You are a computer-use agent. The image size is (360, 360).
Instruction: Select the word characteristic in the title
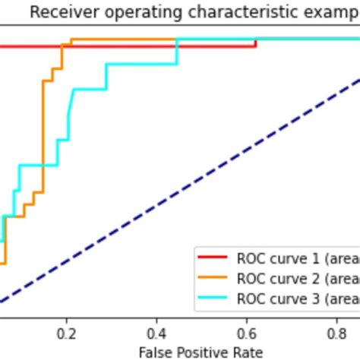214,12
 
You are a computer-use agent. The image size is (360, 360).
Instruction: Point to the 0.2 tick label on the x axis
67,333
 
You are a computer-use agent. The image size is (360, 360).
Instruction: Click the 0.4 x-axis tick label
156,333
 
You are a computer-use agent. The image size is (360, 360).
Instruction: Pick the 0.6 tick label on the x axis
247,333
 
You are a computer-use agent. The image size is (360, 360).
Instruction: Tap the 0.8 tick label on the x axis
336,333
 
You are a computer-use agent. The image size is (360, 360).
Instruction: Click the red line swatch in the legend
213,257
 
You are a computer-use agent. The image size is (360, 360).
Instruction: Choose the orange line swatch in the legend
213,278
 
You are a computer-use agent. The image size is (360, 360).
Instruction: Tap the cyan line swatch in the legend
213,299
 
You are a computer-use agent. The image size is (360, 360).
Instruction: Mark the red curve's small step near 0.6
256,43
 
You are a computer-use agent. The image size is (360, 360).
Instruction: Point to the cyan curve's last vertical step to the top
177,52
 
